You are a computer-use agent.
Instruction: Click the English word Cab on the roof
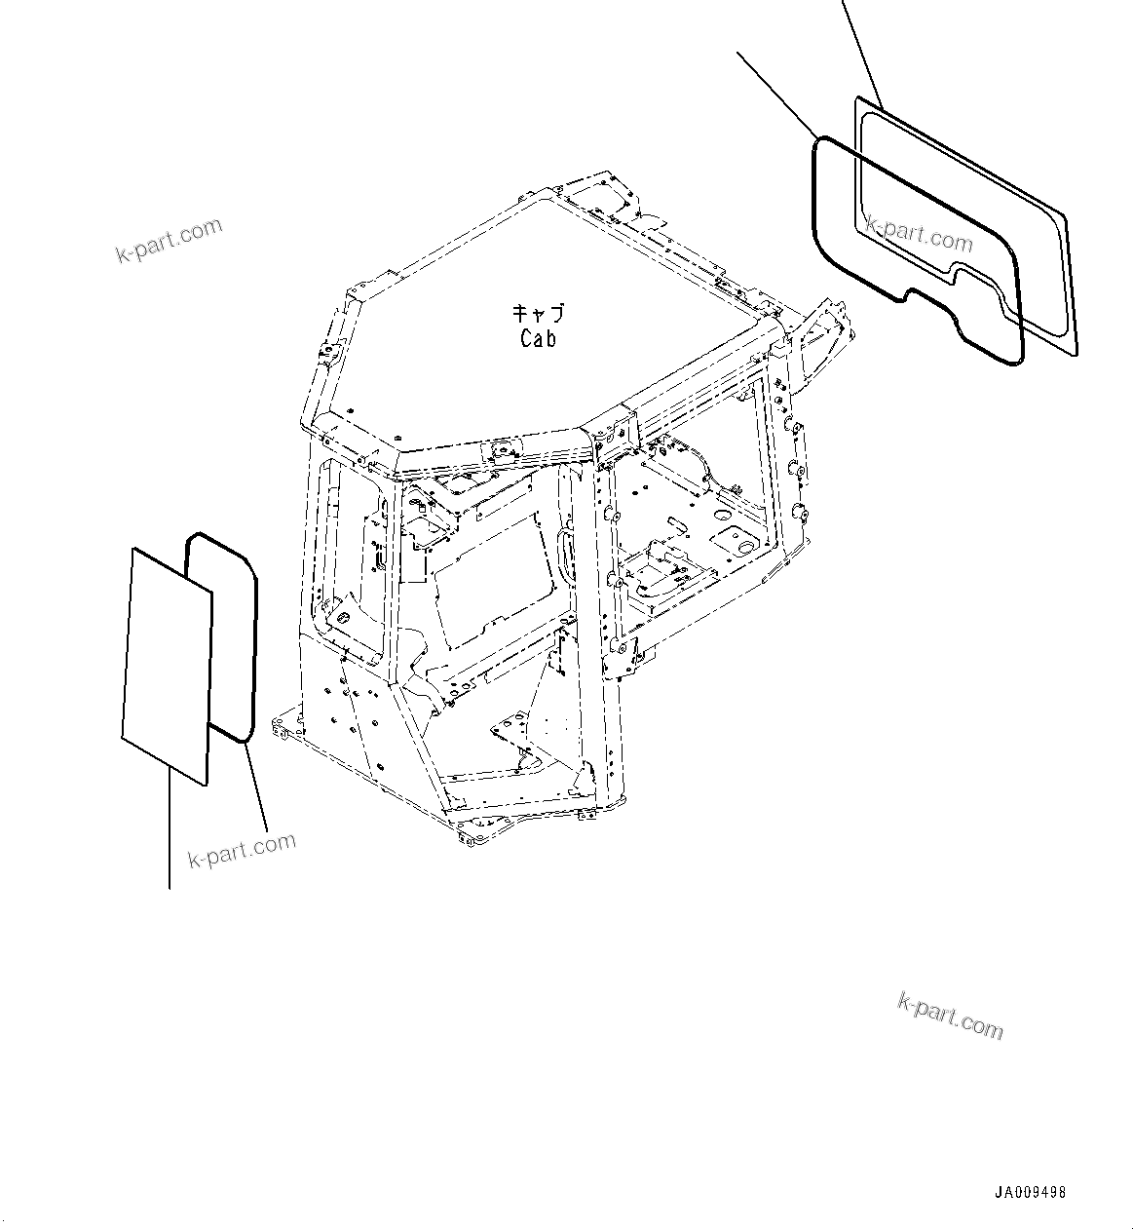(538, 339)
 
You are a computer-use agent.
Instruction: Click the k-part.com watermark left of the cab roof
(169, 241)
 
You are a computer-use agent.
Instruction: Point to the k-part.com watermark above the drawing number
(949, 1016)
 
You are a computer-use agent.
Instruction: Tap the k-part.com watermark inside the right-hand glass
(919, 234)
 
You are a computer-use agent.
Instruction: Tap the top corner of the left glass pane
(133, 549)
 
